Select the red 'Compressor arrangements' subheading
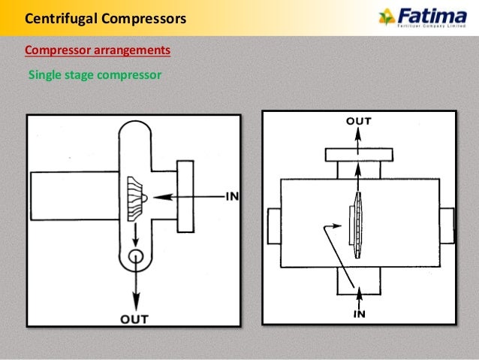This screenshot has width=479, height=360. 98,50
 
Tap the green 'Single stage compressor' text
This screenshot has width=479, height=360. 95,75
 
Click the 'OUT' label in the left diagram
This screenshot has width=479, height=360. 134,319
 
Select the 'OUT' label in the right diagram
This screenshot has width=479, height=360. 358,120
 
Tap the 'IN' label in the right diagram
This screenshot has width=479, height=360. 360,313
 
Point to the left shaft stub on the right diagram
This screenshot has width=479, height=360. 273,225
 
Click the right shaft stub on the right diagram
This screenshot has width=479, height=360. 447,225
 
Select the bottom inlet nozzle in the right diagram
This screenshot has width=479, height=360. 358,282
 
